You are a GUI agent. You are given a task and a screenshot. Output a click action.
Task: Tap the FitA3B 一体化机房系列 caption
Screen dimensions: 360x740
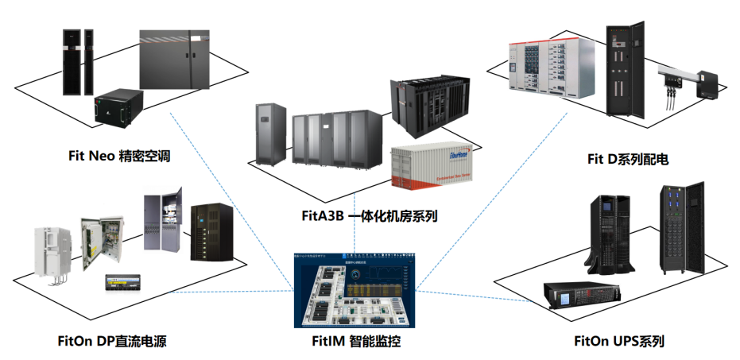[x=370, y=215]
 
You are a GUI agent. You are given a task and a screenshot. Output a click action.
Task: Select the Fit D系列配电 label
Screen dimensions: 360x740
[x=627, y=160]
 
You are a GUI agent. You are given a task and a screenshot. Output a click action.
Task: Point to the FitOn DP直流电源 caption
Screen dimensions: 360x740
[x=112, y=342]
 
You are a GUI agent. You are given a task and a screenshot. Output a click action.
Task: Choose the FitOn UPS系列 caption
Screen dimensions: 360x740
[x=619, y=342]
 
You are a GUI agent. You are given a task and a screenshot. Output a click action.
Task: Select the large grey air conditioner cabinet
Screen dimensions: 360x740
[x=176, y=60]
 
